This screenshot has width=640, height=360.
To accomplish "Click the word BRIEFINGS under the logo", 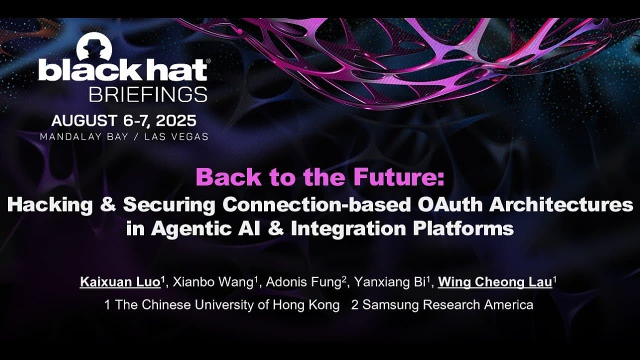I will pos(147,94).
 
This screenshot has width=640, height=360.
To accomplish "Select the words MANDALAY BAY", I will pos(84,136).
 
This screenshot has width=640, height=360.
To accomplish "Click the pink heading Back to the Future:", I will pos(319,177).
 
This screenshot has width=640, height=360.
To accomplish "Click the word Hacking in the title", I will pos(49,204).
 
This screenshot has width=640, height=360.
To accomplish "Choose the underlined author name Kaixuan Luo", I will pos(120,282).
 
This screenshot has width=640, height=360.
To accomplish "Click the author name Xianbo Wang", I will pos(213,282).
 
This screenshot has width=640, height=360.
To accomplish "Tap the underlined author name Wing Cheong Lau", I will pos(495,282).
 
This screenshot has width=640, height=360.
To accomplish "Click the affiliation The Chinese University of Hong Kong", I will pos(227,305).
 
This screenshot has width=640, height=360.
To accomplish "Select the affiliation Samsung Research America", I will pos(447,305).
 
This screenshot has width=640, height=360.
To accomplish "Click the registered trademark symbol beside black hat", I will pos(208,60).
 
